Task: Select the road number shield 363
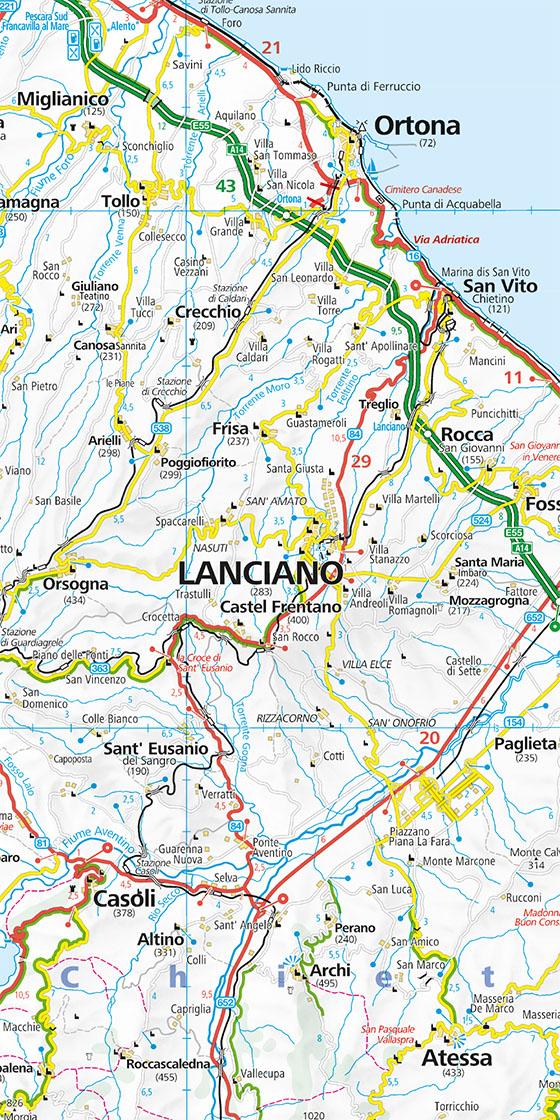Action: (x=99, y=666)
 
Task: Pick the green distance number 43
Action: (x=226, y=186)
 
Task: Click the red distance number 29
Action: (x=361, y=460)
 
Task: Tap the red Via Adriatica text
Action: (x=446, y=240)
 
